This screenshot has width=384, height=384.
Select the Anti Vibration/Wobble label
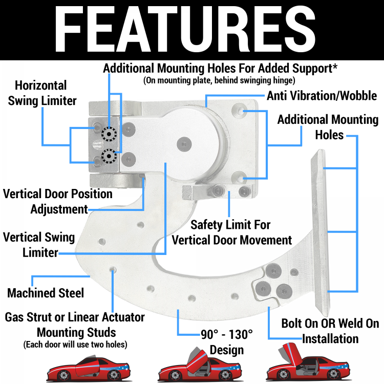[322, 96]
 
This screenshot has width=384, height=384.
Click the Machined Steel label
[46, 293]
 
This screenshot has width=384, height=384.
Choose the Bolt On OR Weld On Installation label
[330, 331]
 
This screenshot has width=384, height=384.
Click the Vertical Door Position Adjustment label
[57, 201]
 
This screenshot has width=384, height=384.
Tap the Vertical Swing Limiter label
[39, 245]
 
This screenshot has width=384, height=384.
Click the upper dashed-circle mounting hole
[108, 135]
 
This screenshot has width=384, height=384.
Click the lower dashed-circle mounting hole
[108, 156]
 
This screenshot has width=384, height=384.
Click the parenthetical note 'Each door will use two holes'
[75, 344]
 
